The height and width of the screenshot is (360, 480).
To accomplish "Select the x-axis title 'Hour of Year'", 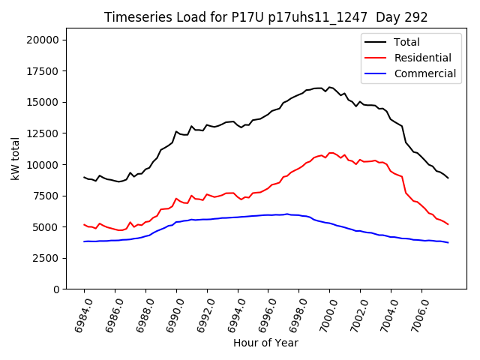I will click(x=265, y=343).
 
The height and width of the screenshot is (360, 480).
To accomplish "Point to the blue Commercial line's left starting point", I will click(x=84, y=241).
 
